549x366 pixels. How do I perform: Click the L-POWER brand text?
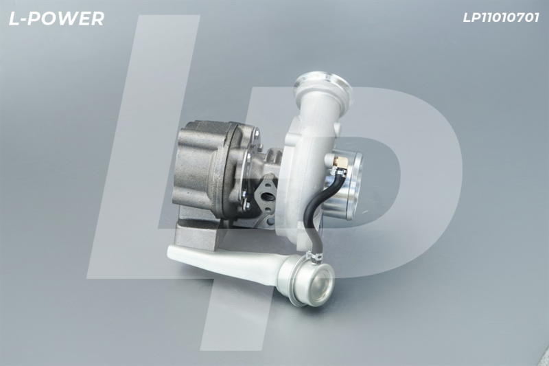pyautogui.click(x=56, y=19)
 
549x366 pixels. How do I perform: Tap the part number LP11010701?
pyautogui.click(x=501, y=18)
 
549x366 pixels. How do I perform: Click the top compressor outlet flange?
pyautogui.click(x=323, y=82)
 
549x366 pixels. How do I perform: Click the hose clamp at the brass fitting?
pyautogui.click(x=339, y=171)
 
